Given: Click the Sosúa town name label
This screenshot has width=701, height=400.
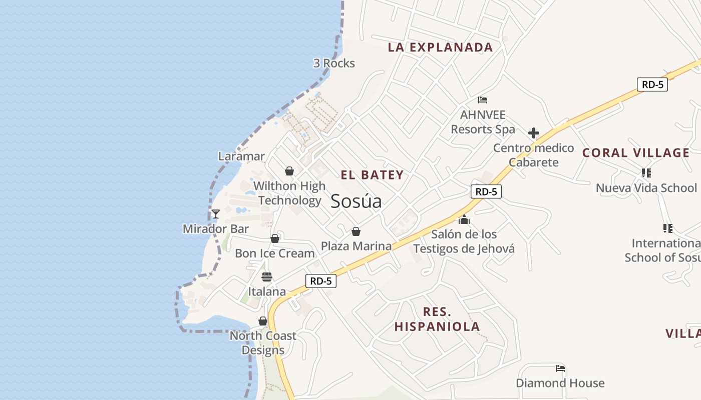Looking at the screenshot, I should point(356,201).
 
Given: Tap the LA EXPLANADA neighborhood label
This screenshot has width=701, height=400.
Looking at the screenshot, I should point(440,47).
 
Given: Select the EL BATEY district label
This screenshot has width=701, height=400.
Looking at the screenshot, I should point(372,175).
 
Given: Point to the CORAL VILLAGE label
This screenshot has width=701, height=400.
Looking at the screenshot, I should point(636,153).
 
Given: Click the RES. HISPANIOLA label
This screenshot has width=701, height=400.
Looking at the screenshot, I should point(437,319).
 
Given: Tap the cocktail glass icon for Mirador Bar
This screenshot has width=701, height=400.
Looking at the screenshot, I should point(216,214).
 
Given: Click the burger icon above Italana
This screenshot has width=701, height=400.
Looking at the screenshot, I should point(267,277).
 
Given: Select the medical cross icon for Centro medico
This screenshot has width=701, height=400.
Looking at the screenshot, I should point(534,133).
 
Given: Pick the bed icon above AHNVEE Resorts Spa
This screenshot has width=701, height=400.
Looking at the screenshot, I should point(483,100).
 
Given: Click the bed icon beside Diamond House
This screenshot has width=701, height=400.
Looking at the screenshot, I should point(560,369).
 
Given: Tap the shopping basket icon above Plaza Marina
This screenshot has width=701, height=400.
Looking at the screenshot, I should point(356,231).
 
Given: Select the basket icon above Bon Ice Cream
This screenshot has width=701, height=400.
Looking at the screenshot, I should point(275,238).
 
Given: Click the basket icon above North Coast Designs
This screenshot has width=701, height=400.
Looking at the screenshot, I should point(263,321).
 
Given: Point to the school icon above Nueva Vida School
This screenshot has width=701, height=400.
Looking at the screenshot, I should point(646,173).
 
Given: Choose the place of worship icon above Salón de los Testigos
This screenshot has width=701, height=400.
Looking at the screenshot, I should point(464,219).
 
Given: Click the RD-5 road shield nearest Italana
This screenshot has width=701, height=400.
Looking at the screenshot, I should point(321,281).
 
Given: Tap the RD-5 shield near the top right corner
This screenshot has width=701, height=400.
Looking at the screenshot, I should point(652,84).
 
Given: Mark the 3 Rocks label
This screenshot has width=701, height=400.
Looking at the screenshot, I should point(334,63).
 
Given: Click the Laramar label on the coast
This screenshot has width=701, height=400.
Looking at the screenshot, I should point(241,156).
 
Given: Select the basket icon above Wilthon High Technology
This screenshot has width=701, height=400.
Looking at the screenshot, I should point(289,171).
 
